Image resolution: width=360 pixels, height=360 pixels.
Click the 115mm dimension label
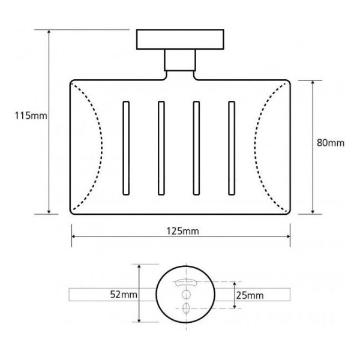31,115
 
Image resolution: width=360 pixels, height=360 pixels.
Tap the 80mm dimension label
331,143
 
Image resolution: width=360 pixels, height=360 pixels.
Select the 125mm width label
183,231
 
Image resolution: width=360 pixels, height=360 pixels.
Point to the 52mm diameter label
124,295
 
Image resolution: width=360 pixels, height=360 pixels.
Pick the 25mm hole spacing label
250,295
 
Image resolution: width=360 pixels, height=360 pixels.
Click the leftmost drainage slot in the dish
126,148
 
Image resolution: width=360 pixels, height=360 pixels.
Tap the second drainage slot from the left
161,148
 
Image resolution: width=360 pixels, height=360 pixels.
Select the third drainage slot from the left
196,148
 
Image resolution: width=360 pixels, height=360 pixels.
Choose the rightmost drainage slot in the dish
232,148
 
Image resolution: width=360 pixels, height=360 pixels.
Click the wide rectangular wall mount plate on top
180,39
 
